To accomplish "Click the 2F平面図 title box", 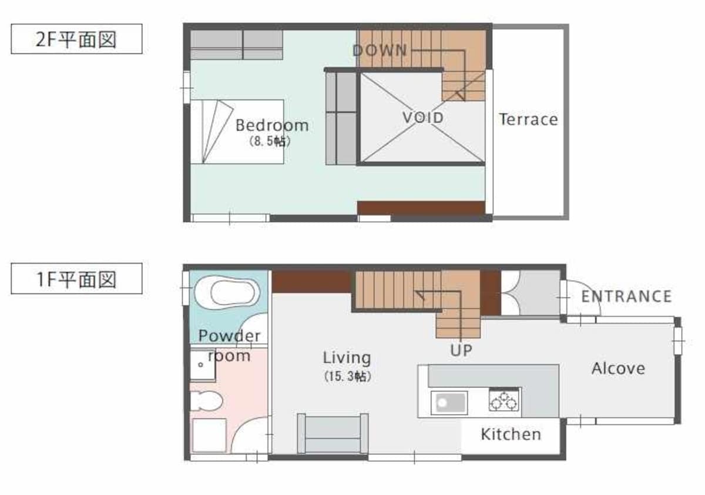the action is coord(76,39).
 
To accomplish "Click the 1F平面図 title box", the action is coord(76,279).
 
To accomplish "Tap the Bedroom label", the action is coord(272,125).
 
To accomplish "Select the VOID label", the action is coord(424,118).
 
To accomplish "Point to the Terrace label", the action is coord(528,119).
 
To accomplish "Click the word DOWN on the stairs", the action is coord(380,51).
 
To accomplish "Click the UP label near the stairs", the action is coord(461,350).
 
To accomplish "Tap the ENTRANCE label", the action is coord(626,296).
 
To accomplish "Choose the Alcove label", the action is coord(619,369).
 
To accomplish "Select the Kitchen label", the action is coord(511,434).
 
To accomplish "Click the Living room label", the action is coord(347,357).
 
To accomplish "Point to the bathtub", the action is coord(227,293).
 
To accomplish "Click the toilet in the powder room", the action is coord(206,401).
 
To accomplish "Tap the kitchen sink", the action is coord(449,403).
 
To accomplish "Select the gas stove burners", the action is coord(504,400).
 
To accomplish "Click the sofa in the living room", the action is coord(333,433).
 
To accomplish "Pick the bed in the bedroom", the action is coord(237,132).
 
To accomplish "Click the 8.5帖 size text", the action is coord(270,141).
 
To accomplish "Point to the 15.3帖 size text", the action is coord(348,376).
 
